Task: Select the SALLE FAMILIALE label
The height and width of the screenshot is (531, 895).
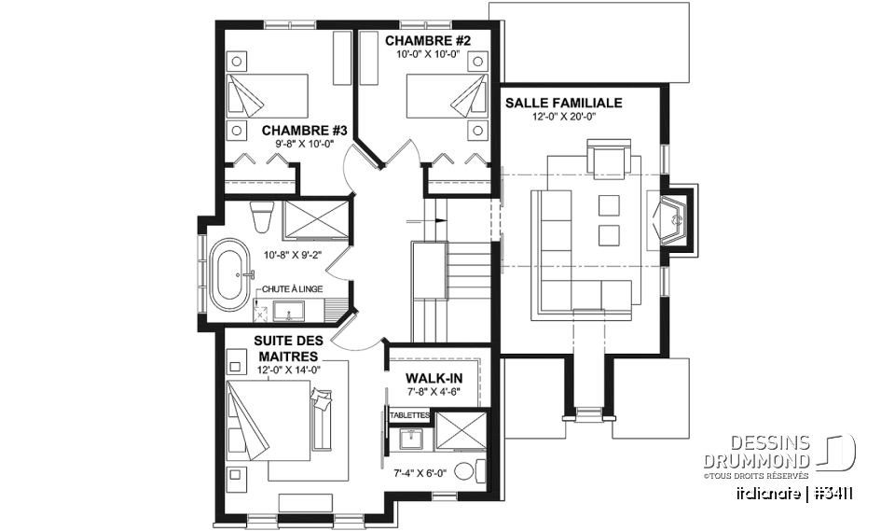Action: pyautogui.click(x=563, y=103)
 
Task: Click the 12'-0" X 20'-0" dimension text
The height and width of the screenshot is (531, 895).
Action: pyautogui.click(x=563, y=117)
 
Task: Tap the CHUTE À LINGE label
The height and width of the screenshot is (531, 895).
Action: pyautogui.click(x=294, y=290)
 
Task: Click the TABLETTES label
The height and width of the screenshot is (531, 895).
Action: pyautogui.click(x=409, y=414)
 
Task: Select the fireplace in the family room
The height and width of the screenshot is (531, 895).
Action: pyautogui.click(x=673, y=221)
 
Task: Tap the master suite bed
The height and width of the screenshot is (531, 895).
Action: pyautogui.click(x=270, y=420)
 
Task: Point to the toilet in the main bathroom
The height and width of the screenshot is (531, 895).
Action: pyautogui.click(x=261, y=217)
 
